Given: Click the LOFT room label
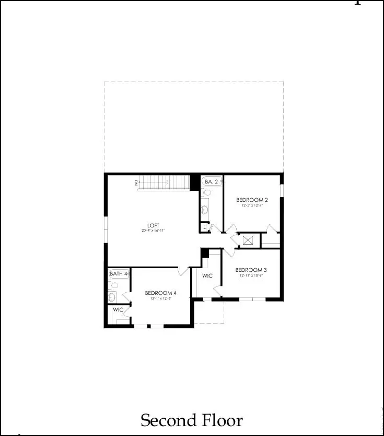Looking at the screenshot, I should [x=153, y=225].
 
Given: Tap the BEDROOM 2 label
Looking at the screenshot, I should [x=252, y=200].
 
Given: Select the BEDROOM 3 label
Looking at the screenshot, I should [x=251, y=270].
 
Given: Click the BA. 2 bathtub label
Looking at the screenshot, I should [x=212, y=181].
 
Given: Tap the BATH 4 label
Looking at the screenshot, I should [x=119, y=273].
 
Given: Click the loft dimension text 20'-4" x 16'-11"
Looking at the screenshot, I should [x=153, y=231].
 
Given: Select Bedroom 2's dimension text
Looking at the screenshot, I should [x=252, y=205].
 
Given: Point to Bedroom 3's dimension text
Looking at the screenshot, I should [x=251, y=276].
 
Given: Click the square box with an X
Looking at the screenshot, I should [x=248, y=240].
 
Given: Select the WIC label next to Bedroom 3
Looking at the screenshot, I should [x=207, y=276].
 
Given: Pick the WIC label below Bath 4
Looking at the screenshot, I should [x=118, y=309].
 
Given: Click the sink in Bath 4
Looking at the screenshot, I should [x=112, y=297].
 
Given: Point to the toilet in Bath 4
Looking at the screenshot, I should [x=113, y=285].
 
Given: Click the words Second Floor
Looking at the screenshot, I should [x=192, y=420].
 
